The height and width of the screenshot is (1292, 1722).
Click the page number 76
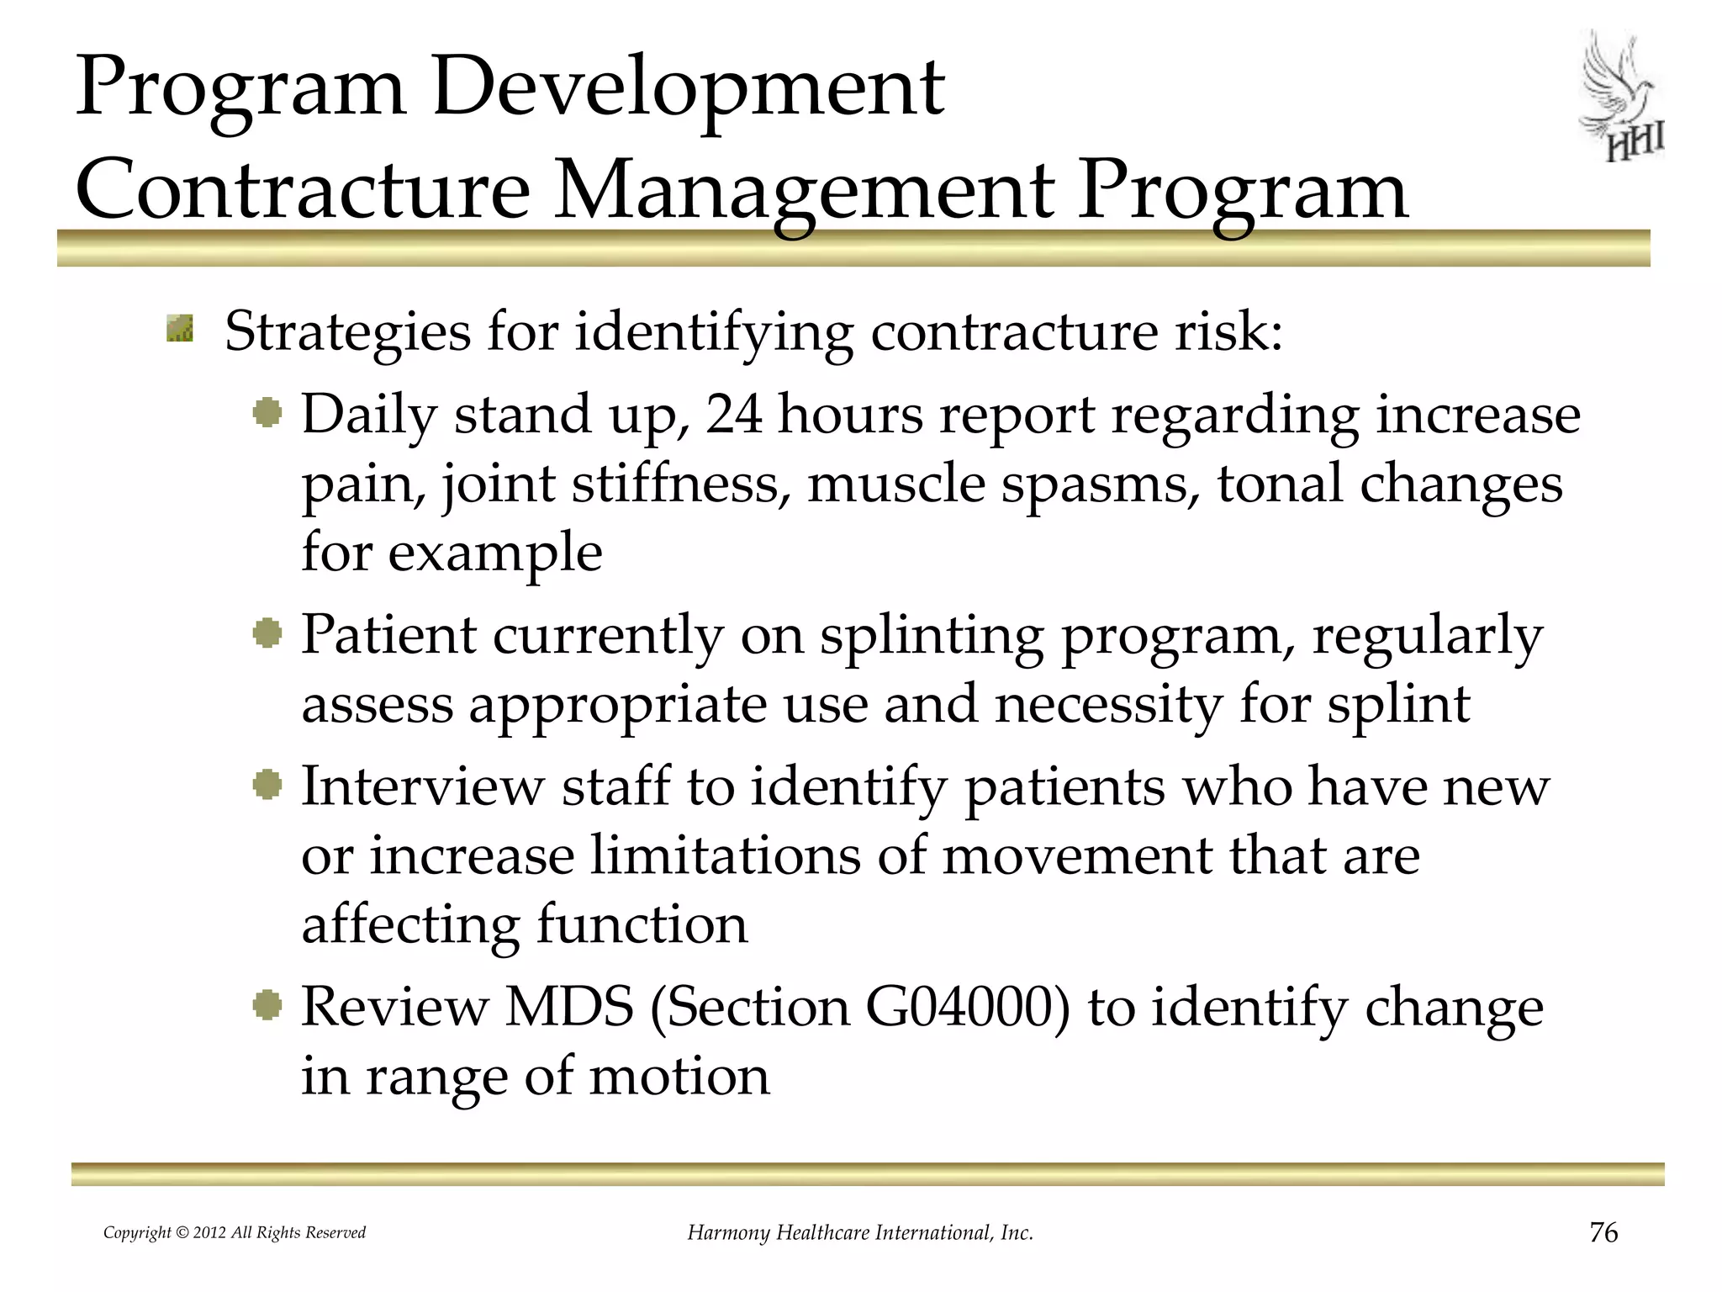1603,1232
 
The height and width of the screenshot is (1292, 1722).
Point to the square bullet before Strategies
180,329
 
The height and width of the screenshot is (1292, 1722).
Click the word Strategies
347,331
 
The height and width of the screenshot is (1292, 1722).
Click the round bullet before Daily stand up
267,414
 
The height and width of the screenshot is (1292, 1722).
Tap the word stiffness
680,484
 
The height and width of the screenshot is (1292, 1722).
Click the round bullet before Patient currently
267,633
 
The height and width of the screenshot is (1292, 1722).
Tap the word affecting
410,924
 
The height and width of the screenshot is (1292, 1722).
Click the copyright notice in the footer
235,1233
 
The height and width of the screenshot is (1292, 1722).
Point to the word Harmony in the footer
728,1233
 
